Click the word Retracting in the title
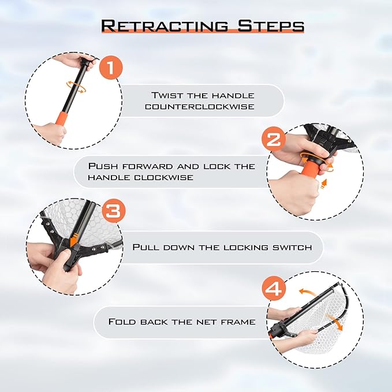[165, 26]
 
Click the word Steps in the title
[271, 26]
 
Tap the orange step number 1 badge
[111, 68]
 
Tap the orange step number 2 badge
[273, 139]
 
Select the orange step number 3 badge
[113, 211]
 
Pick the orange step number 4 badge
[274, 289]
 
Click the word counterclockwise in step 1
[200, 107]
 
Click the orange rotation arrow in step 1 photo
[76, 87]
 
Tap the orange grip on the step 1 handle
[61, 120]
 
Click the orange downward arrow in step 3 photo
[74, 240]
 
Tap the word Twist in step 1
[167, 95]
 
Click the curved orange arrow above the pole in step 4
[307, 292]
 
